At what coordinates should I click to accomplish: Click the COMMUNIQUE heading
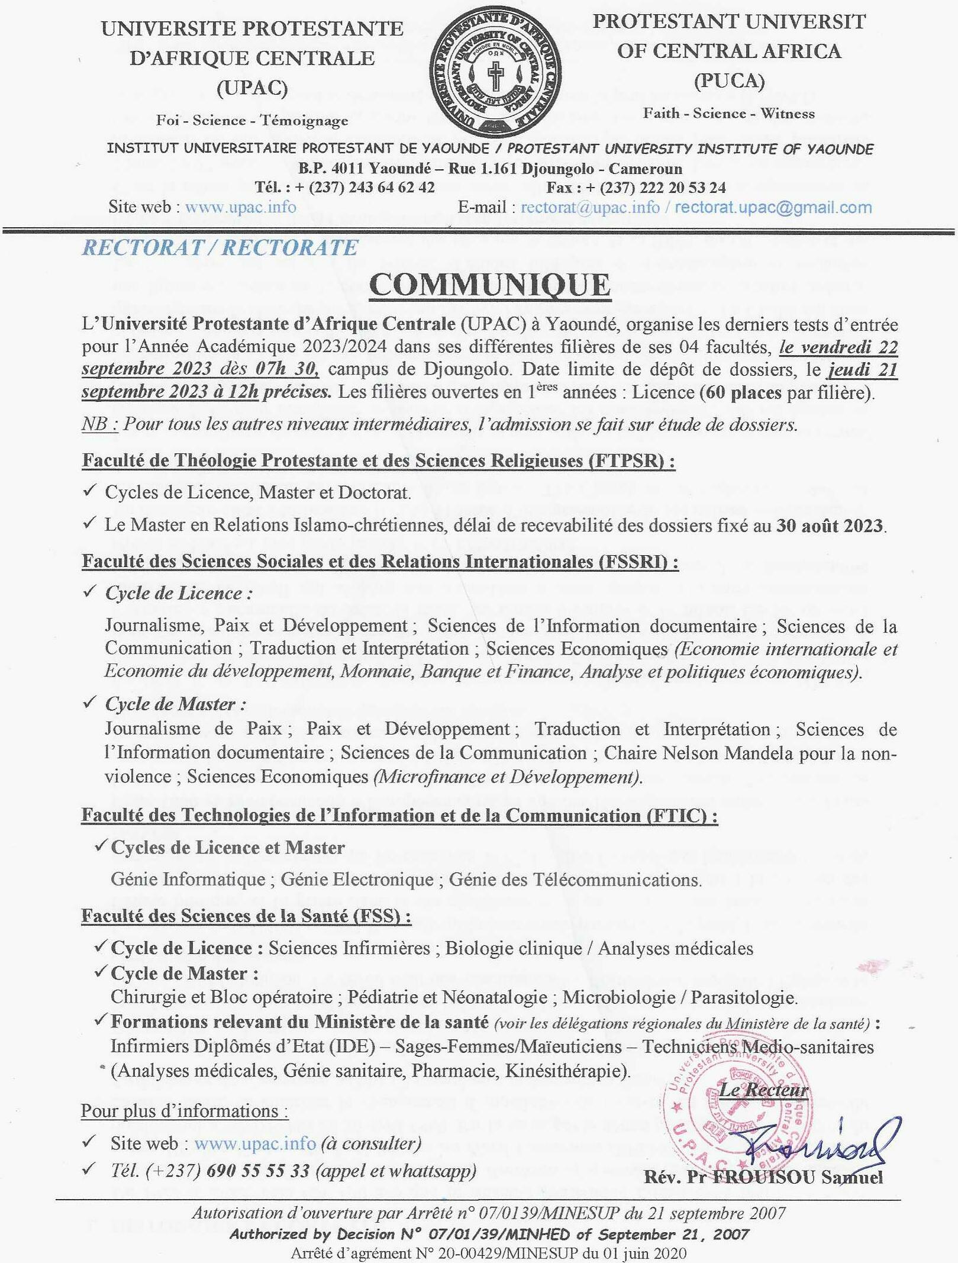coord(489,285)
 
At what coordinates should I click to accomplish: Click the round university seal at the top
coord(495,75)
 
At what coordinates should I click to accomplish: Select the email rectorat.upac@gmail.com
coord(773,207)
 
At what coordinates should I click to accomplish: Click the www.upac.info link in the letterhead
coord(240,207)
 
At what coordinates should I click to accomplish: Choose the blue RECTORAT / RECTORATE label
coord(220,247)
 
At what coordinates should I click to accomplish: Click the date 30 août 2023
coord(830,525)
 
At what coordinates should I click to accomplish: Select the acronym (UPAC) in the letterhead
coord(252,88)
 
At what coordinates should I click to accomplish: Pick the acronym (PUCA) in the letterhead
coord(729,80)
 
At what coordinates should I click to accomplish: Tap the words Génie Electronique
coord(357,879)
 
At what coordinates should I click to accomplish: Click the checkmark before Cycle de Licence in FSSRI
coord(90,592)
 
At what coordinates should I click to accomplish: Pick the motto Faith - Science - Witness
coord(728,113)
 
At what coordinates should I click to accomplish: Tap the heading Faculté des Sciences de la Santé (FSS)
coord(246,916)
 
